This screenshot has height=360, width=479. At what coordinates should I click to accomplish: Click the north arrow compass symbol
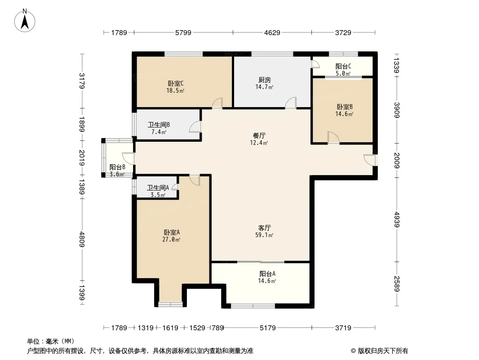25,21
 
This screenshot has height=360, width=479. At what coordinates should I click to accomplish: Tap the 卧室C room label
176,83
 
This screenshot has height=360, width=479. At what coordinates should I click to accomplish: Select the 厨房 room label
265,80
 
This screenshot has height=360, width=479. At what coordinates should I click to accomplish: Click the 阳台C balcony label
343,66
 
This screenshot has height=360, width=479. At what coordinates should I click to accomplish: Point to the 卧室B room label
345,107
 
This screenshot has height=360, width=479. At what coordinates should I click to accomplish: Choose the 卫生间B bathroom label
159,125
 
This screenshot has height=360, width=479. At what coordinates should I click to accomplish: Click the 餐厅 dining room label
259,135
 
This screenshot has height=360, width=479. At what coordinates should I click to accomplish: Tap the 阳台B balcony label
117,167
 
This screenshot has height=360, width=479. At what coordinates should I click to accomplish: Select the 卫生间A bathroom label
158,188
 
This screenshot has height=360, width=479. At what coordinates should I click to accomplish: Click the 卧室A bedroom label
172,233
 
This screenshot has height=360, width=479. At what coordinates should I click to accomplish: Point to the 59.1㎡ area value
264,235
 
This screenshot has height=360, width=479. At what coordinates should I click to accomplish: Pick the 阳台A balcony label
267,274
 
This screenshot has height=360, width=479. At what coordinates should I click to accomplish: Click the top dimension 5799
183,32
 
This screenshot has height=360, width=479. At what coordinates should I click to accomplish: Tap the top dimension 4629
272,32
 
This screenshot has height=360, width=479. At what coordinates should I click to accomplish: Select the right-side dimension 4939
396,219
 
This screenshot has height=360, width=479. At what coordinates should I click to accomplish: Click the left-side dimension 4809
82,239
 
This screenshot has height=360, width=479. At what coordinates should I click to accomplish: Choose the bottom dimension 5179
268,328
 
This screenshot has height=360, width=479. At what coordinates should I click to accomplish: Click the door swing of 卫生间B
195,126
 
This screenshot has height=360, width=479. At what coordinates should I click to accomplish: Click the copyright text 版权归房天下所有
382,351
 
